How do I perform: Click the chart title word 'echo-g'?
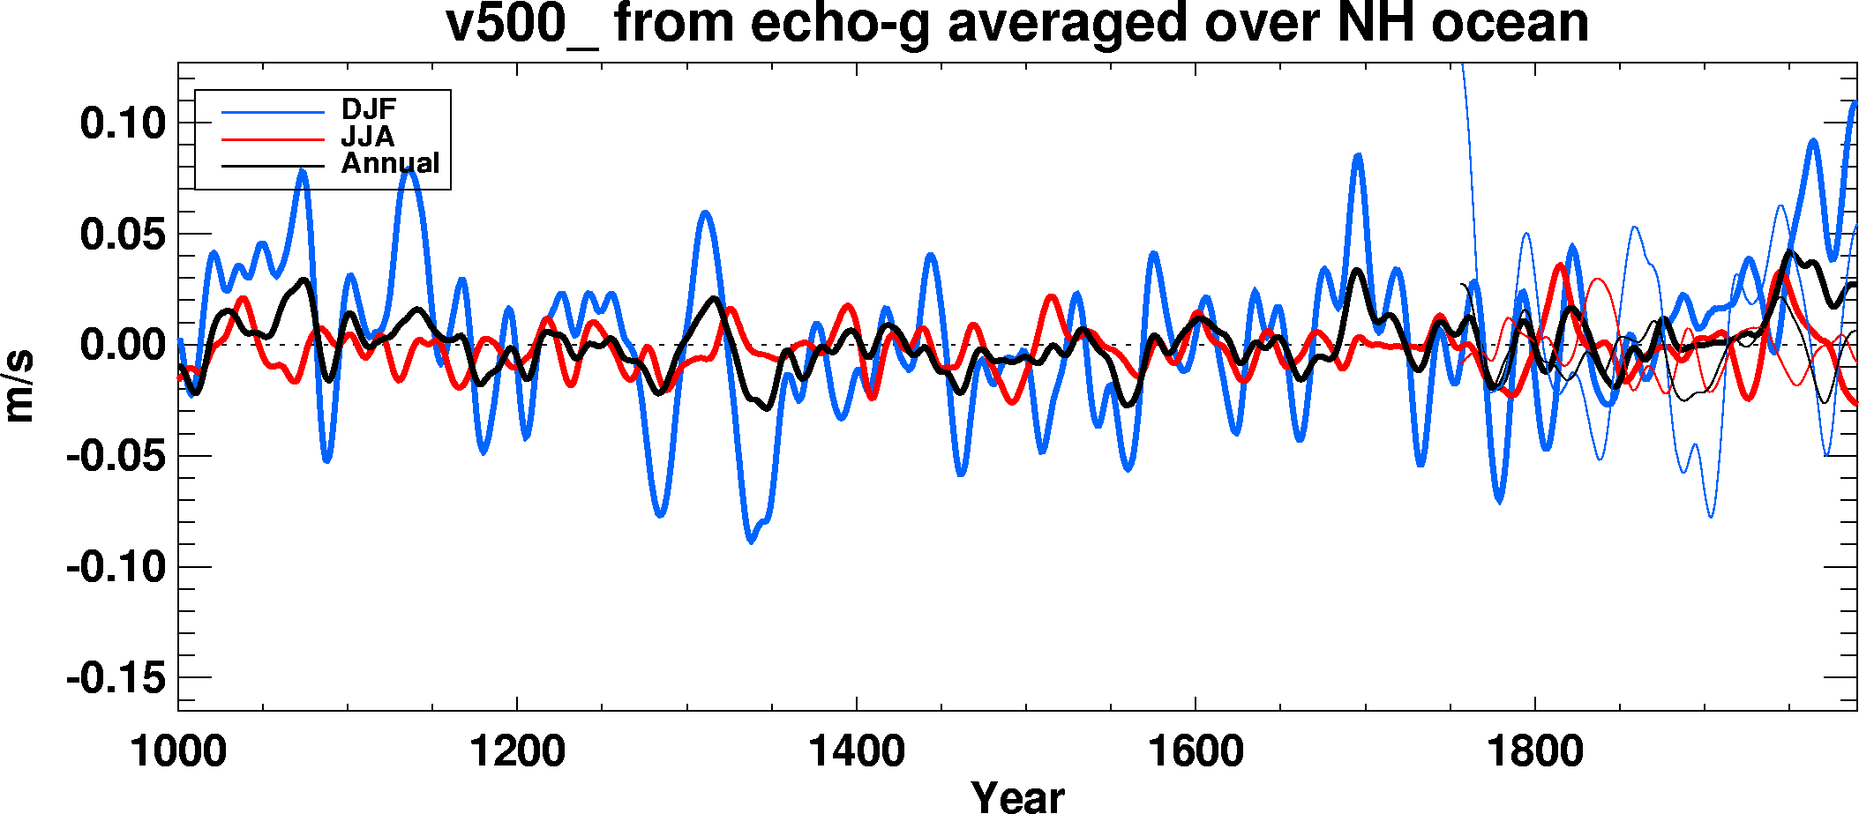(x=840, y=23)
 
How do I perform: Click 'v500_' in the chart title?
(x=521, y=23)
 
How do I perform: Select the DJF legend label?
(x=369, y=109)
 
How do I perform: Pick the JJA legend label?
(x=368, y=137)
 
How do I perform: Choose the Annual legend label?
(x=390, y=163)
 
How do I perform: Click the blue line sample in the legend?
(x=273, y=111)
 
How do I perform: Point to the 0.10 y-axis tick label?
(x=123, y=123)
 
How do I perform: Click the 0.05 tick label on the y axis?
(x=123, y=235)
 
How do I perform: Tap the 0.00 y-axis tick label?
(x=123, y=345)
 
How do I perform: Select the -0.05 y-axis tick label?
(x=116, y=456)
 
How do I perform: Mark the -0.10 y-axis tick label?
(x=116, y=566)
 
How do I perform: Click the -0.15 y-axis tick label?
(x=116, y=678)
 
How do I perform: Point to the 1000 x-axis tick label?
(x=178, y=752)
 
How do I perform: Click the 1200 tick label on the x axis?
(x=517, y=752)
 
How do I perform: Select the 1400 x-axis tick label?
(x=857, y=752)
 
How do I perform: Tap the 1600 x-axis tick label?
(x=1196, y=752)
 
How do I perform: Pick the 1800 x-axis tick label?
(x=1535, y=752)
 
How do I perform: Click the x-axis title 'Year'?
(x=1017, y=796)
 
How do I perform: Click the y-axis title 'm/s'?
(x=19, y=385)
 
